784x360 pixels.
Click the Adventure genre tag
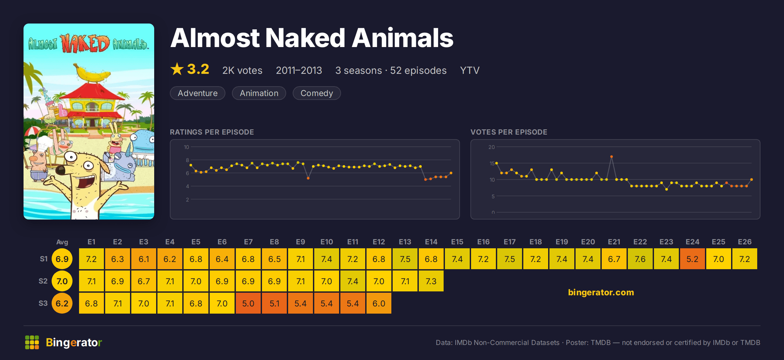pos(198,93)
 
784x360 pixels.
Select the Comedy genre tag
pos(317,93)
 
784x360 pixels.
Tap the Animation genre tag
pos(259,93)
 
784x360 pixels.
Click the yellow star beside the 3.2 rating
pos(177,69)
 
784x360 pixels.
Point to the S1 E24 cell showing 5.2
pos(693,259)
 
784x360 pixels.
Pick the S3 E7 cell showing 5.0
pos(248,303)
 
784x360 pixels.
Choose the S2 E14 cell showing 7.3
pos(431,281)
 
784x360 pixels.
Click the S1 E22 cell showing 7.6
pos(640,259)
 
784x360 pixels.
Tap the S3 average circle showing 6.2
pos(62,303)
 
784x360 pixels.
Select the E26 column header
pos(745,242)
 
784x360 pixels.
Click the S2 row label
pos(43,281)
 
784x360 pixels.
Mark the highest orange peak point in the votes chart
pos(612,157)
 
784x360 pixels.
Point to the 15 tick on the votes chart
pos(492,163)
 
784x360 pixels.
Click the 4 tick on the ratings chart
pos(188,186)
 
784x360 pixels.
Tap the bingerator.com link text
pos(601,292)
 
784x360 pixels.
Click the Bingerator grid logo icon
pos(32,342)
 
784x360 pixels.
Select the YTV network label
pos(470,71)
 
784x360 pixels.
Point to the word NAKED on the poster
pos(85,43)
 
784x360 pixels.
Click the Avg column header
pos(62,242)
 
